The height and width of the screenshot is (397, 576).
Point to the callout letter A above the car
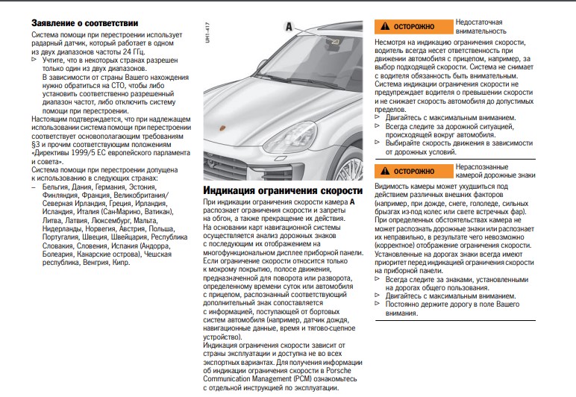point(288,25)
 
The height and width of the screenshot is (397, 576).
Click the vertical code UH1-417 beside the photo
point(207,34)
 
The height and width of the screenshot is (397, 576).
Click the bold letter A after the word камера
point(352,201)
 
